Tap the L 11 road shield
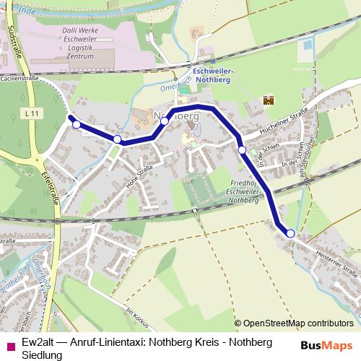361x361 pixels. point(30,113)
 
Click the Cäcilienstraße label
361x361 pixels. point(20,77)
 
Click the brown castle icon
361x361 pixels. point(269,100)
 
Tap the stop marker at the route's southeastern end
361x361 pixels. point(290,233)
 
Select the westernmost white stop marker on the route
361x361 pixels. point(77,124)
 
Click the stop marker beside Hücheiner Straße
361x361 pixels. point(243,149)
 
